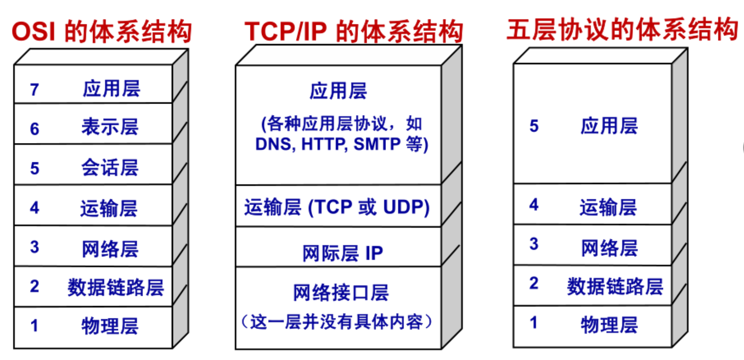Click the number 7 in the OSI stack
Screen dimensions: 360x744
[35, 90]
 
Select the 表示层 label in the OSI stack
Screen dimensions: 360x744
[110, 127]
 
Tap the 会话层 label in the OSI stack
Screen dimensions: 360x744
[110, 168]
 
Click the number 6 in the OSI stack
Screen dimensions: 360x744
[35, 129]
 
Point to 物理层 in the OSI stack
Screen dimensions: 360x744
[110, 326]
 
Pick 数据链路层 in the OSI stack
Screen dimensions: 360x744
[116, 287]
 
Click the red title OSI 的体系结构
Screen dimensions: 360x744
[101, 31]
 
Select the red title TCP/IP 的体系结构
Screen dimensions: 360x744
[353, 31]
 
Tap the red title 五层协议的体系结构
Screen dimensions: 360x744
[622, 30]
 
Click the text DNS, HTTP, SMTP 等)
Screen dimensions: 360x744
[342, 144]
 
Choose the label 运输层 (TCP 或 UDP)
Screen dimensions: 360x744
[337, 207]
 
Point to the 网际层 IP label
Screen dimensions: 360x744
[343, 253]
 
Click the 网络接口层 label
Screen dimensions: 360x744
[341, 292]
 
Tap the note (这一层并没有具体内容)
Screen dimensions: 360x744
[337, 322]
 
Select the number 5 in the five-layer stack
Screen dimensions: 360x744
[534, 126]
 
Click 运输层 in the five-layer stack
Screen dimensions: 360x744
[608, 207]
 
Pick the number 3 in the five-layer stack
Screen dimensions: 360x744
[534, 244]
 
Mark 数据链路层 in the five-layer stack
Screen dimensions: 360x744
[615, 286]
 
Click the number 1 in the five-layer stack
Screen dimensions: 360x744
[534, 323]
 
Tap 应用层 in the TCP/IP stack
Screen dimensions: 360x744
[338, 91]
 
